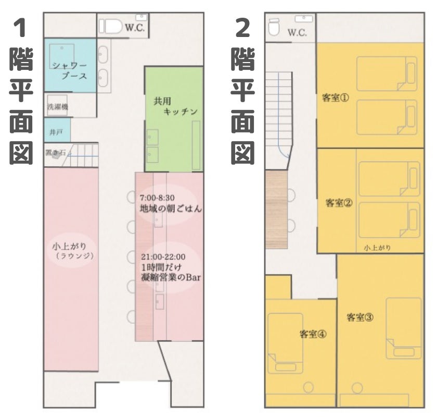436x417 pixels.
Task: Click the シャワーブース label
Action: [x=70, y=71]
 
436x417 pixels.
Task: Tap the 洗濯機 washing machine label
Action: [x=58, y=106]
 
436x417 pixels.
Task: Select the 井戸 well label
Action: [x=56, y=132]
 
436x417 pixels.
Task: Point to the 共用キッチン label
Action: [x=175, y=106]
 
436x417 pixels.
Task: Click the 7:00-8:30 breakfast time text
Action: [x=157, y=198]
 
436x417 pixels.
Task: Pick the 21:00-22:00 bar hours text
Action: [x=163, y=256]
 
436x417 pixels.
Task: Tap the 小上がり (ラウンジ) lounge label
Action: [x=73, y=251]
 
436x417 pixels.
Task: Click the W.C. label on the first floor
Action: [x=135, y=28]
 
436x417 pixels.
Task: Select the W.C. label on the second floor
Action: [x=297, y=33]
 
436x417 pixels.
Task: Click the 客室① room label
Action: [x=336, y=98]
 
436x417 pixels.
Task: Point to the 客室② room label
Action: [x=339, y=203]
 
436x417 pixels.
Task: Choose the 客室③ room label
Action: [x=360, y=317]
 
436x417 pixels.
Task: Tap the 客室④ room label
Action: [x=313, y=334]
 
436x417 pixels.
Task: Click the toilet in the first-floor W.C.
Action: [x=111, y=26]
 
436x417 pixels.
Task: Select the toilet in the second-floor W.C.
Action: [x=274, y=27]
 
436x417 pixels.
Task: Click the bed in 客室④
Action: [x=285, y=343]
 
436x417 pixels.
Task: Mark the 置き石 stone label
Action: [x=56, y=152]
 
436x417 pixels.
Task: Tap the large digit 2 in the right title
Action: [x=243, y=29]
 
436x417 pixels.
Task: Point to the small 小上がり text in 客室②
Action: [x=377, y=248]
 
